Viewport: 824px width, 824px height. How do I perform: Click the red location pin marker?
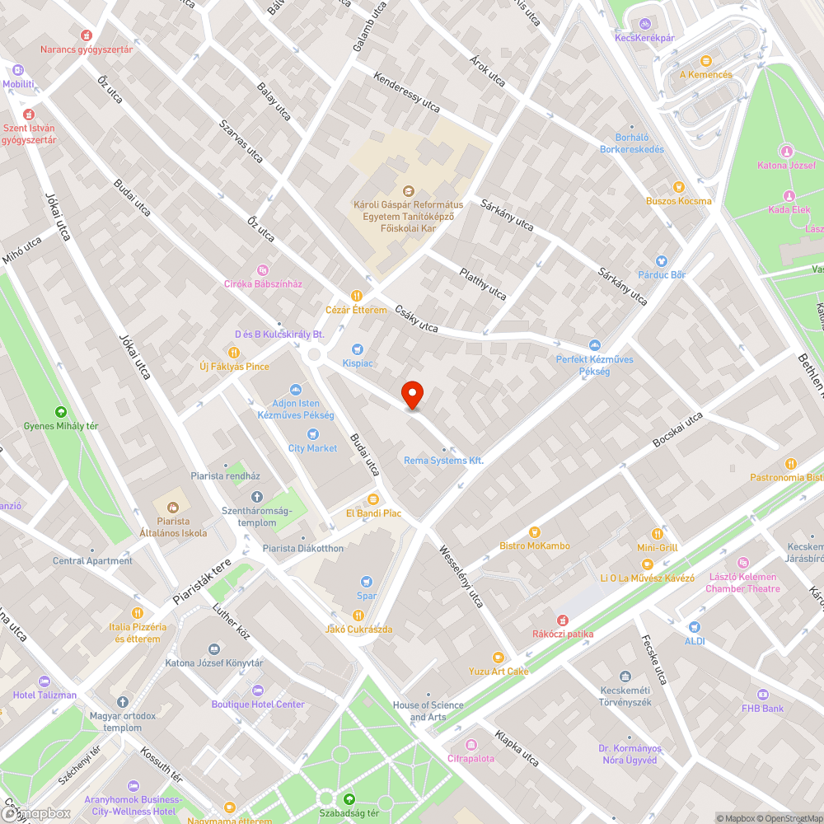coord(412,394)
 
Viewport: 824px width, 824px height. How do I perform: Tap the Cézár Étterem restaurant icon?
coord(357,295)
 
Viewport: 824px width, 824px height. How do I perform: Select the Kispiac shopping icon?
coord(358,349)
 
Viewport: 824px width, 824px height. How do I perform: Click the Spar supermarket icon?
coord(367,582)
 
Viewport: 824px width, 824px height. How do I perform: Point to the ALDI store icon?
coord(695,627)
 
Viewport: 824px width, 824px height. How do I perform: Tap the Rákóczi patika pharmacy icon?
coord(563,620)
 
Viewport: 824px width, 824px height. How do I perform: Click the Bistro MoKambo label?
coord(534,545)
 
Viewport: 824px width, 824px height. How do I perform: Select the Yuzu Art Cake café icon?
coord(498,657)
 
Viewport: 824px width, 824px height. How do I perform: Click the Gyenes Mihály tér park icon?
coord(60,411)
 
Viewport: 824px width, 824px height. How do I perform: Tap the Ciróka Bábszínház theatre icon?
coord(263,269)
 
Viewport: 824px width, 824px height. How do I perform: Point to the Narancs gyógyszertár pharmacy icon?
coord(87,35)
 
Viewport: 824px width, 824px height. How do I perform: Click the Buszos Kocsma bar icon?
coord(678,187)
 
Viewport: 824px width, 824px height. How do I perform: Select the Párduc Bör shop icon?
coord(661,261)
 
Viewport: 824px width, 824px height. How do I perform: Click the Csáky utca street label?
coord(416,317)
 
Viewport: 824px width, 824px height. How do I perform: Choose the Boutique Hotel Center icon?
coord(258,690)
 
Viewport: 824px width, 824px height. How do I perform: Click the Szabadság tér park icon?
coord(349,798)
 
